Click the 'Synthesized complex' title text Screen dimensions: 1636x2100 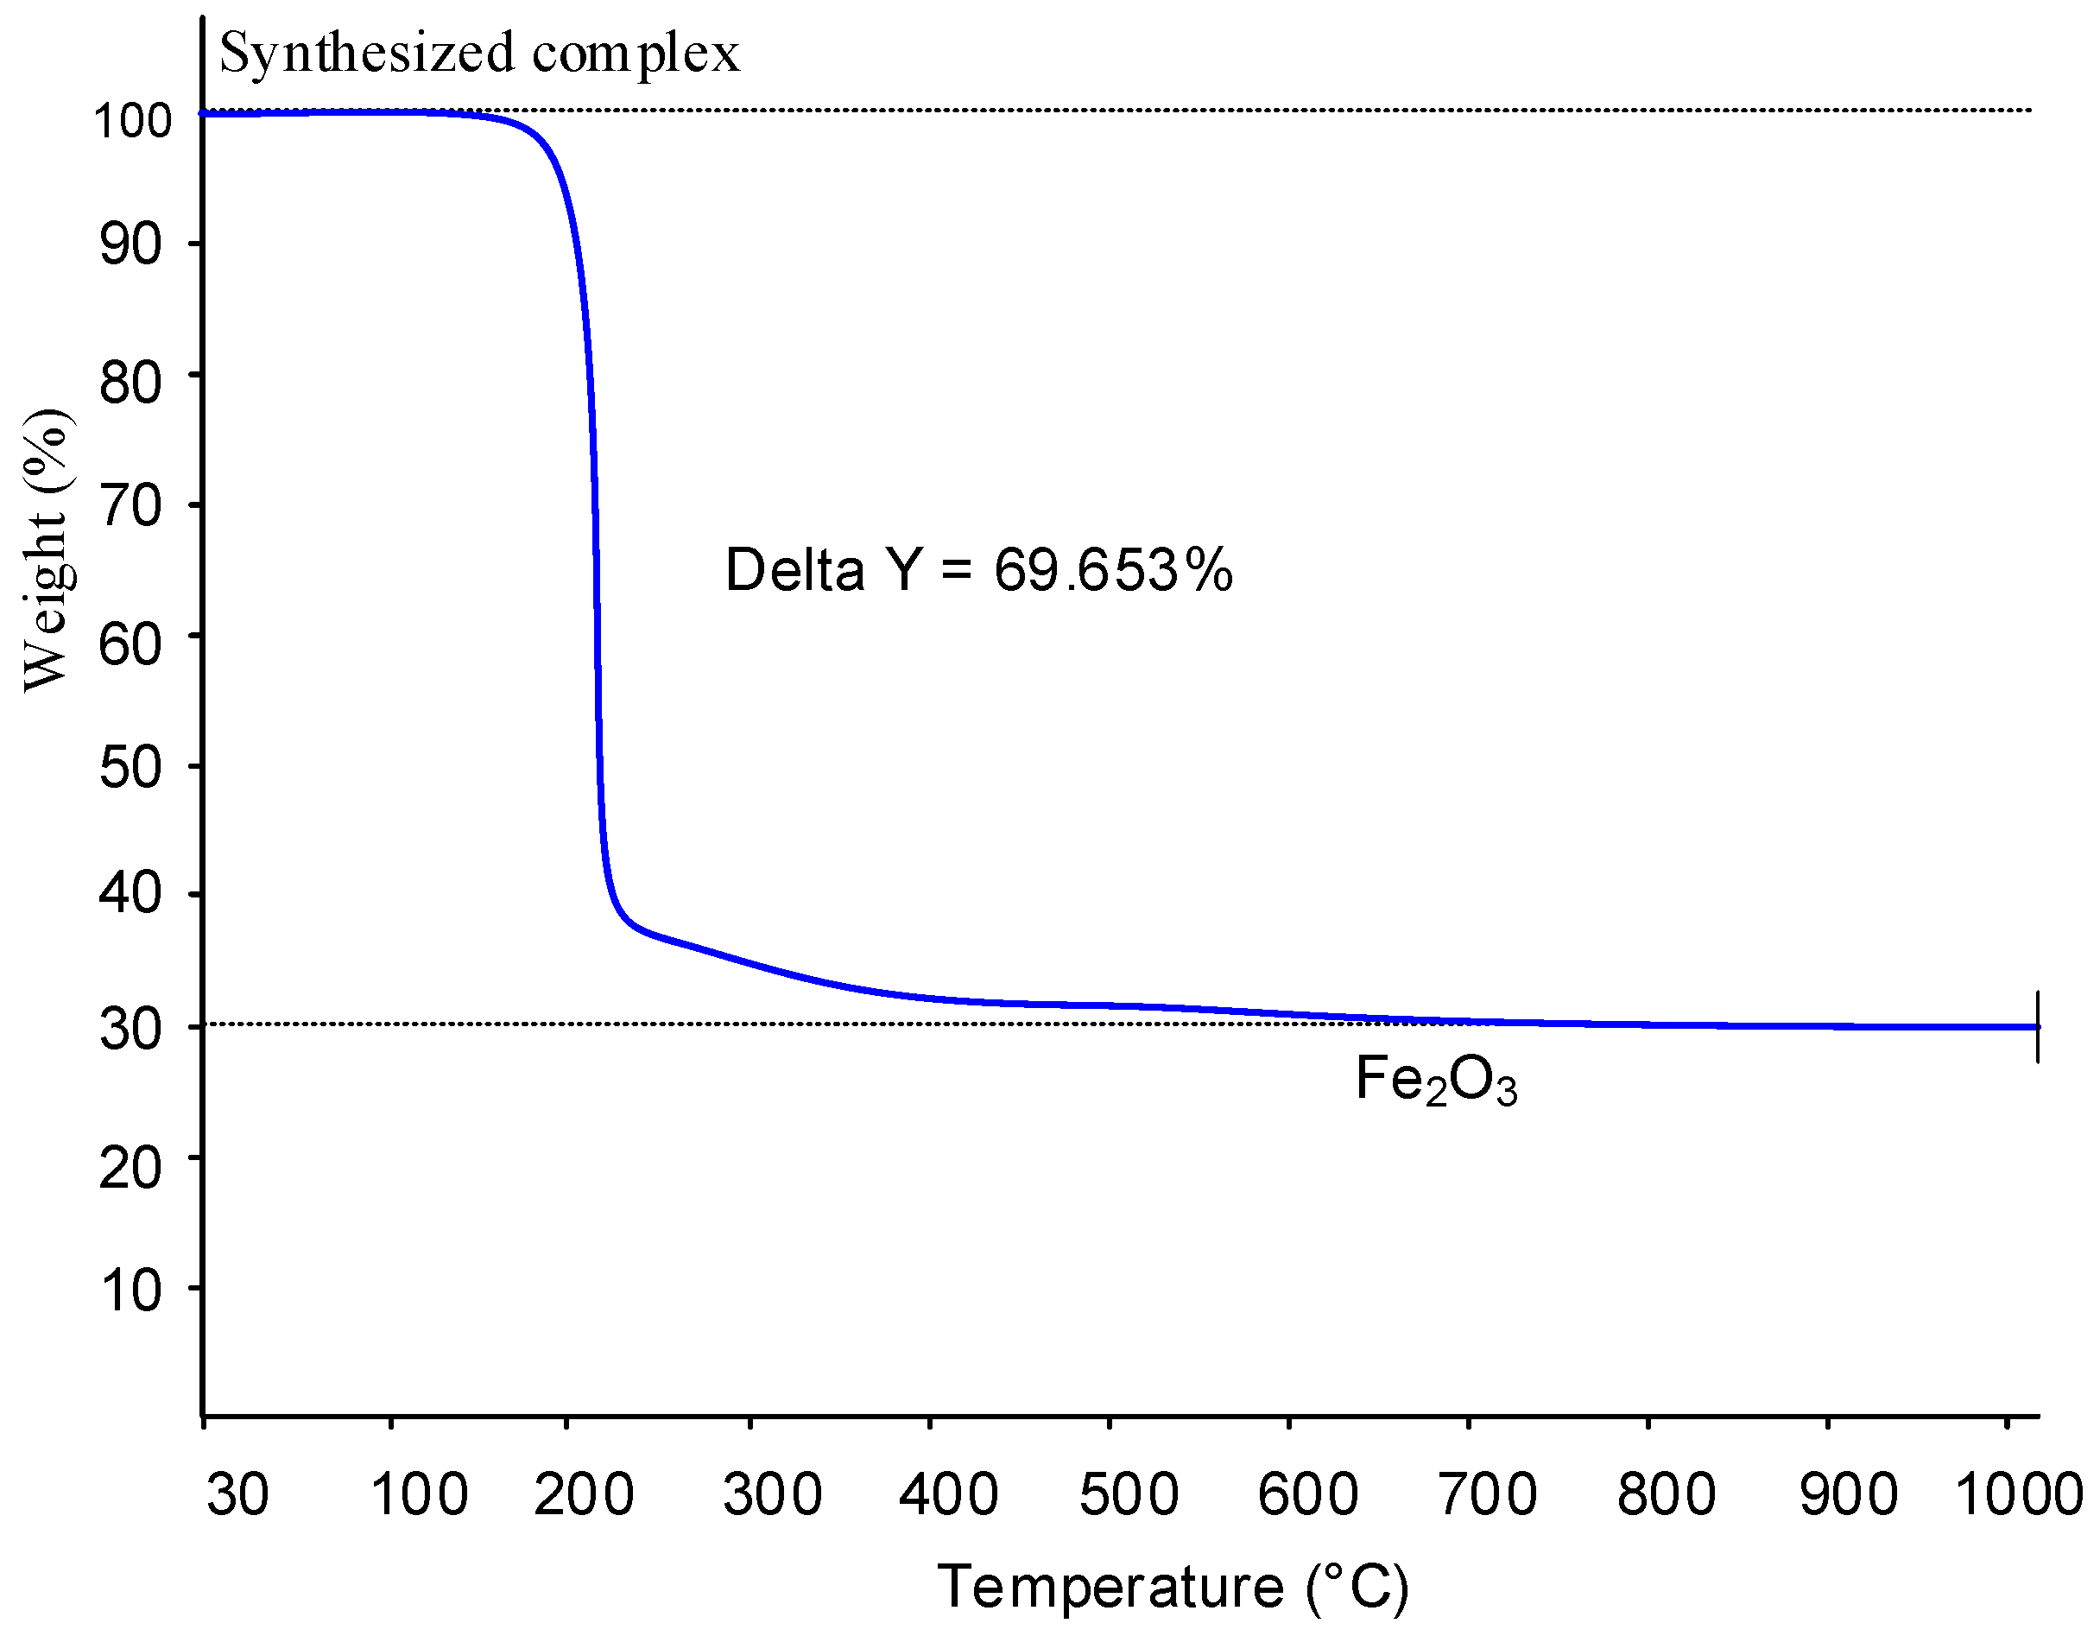tap(480, 53)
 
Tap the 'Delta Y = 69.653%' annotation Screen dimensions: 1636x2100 tap(977, 569)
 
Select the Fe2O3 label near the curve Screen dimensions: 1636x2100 tap(1436, 1080)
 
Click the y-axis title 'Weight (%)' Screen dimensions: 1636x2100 tap(46, 549)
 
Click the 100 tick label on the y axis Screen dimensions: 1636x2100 tap(132, 121)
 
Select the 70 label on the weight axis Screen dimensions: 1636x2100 tap(130, 507)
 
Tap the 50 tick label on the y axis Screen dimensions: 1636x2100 tap(130, 768)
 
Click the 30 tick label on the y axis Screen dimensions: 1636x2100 tap(130, 1029)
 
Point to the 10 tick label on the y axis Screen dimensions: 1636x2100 tap(130, 1290)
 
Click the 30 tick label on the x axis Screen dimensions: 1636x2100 tap(237, 1493)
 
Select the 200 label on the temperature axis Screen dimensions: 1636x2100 tap(584, 1493)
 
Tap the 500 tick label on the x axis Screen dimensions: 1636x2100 tap(1128, 1493)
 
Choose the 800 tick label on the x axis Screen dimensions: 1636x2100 tap(1667, 1493)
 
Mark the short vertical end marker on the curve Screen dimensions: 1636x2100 tap(2038, 1026)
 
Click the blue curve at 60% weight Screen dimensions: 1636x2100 tap(598, 637)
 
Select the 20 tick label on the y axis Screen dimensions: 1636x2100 tap(130, 1169)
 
